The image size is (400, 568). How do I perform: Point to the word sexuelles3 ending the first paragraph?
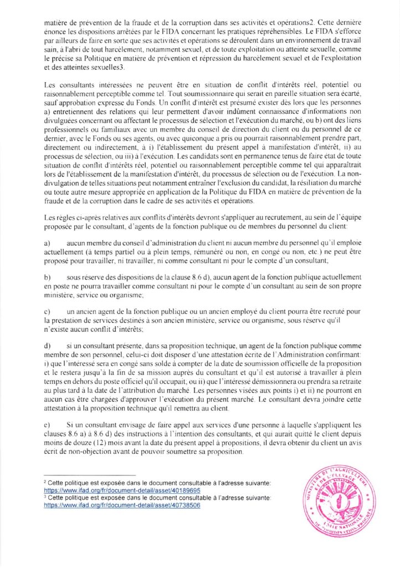(107, 67)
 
